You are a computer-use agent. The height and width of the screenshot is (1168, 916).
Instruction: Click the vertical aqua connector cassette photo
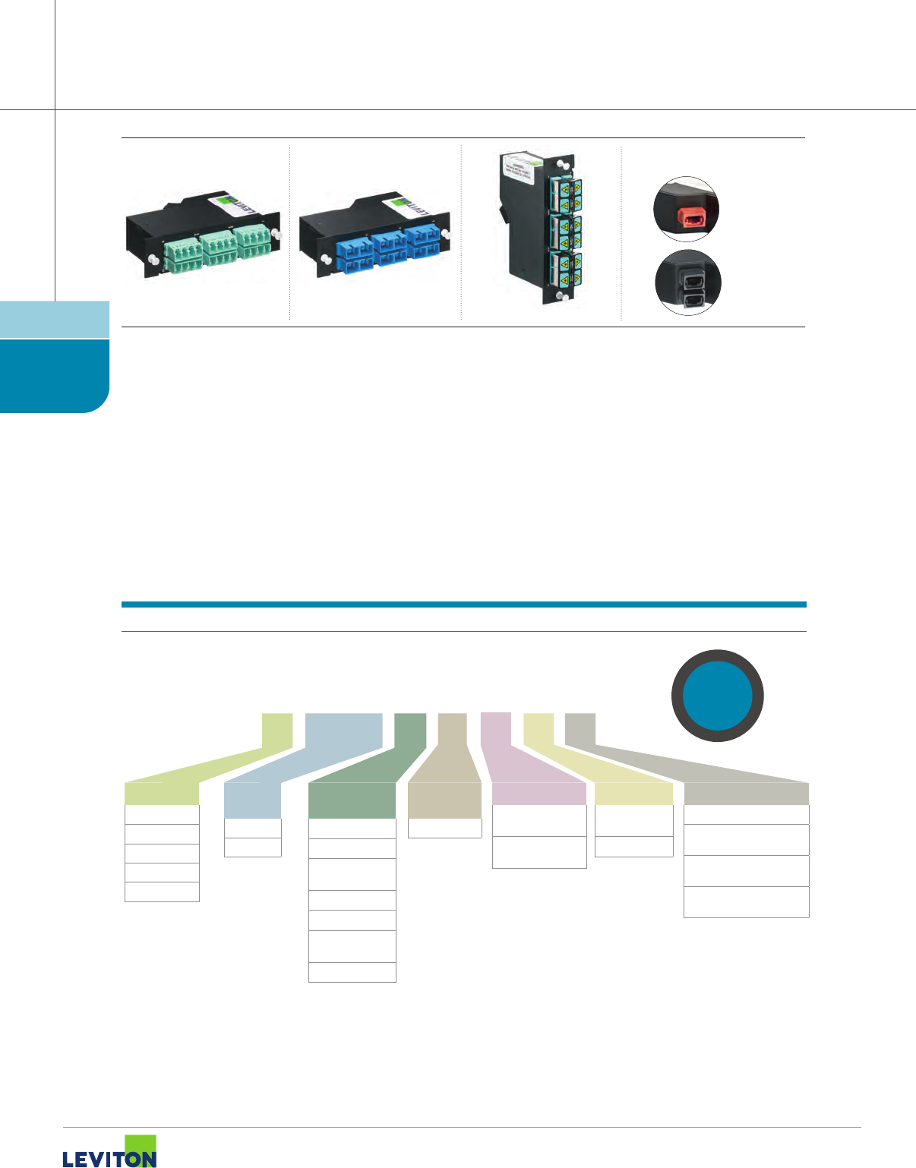[540, 228]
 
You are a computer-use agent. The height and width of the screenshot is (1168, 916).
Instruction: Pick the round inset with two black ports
[688, 283]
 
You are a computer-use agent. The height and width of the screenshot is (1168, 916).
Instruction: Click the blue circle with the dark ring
[718, 696]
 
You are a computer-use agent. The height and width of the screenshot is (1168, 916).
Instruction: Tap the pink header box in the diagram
[539, 793]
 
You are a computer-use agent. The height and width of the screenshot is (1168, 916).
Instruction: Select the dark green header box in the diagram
[352, 800]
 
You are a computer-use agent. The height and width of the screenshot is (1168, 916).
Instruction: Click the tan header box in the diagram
[444, 800]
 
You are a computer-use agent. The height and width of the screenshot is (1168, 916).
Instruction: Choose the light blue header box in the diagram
[252, 800]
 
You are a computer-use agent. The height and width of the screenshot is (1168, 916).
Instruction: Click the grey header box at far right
[746, 794]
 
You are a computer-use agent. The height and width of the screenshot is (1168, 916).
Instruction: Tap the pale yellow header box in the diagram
[633, 794]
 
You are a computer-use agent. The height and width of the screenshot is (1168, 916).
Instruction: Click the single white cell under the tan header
[444, 829]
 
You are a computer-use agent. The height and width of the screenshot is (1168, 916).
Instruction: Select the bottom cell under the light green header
[162, 892]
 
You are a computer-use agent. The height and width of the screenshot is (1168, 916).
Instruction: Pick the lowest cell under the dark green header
[352, 972]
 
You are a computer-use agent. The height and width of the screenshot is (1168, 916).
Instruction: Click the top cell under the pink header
[539, 820]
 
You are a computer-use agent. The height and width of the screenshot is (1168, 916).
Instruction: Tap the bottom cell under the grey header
[746, 902]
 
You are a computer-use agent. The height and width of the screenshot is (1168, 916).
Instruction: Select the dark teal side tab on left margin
[53, 375]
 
